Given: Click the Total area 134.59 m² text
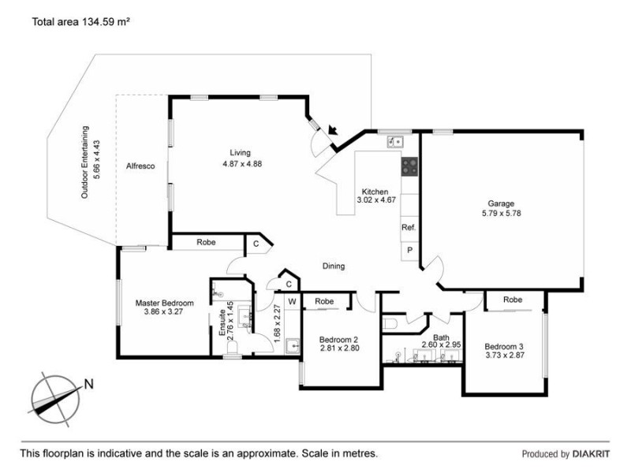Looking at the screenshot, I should tap(80, 23).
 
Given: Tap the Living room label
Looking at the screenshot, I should tap(240, 153).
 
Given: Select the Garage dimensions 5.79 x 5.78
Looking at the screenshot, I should tap(502, 213).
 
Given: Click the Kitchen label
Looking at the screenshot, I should tap(375, 192).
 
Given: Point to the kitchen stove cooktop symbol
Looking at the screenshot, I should tap(410, 166).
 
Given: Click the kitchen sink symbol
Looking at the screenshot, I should tap(394, 142).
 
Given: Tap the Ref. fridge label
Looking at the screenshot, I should tap(409, 227).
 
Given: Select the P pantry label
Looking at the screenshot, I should tap(409, 250).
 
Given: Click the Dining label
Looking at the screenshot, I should tap(334, 266).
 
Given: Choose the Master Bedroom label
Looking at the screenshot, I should tap(164, 303).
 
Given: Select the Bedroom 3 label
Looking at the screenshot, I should tap(503, 347).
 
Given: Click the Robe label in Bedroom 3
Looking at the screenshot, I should tap(513, 300).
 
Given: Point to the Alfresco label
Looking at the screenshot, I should tap(140, 166).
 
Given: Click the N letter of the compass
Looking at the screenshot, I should tap(89, 385).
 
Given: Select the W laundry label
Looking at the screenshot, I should tap(291, 301).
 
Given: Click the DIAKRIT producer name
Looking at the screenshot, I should tap(591, 454).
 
